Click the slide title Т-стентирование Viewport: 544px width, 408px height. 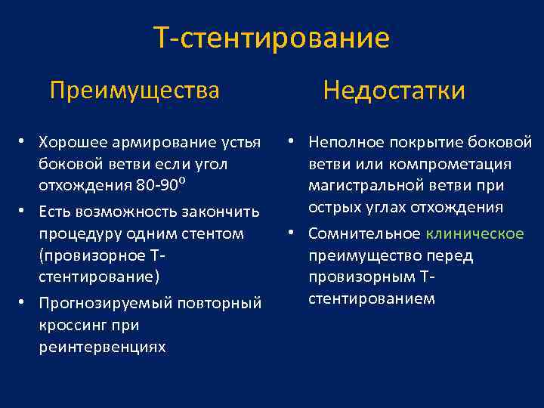(x=271, y=38)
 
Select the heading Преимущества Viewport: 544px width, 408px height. (x=134, y=91)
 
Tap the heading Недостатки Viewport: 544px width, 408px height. (x=394, y=91)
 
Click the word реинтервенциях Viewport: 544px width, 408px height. (x=102, y=348)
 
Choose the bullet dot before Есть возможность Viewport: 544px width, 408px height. (x=25, y=211)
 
